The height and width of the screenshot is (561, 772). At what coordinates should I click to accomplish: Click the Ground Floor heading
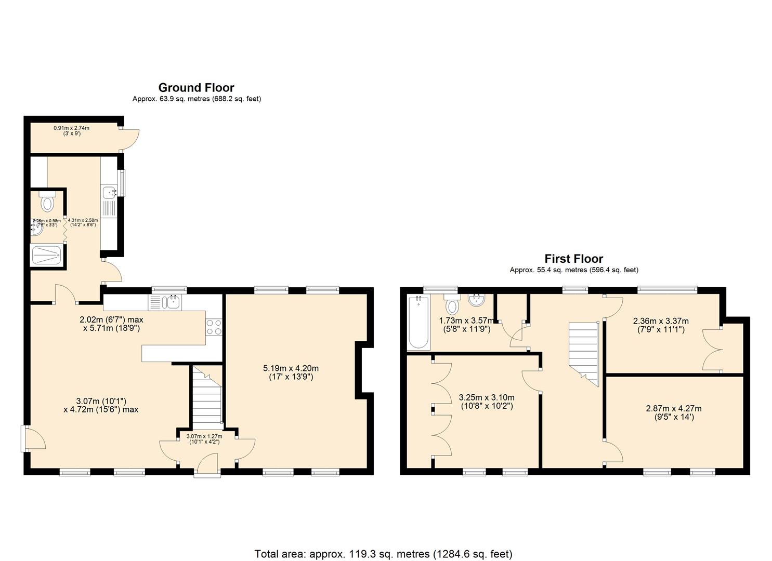pos(196,88)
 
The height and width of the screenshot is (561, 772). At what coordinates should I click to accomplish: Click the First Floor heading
pos(573,259)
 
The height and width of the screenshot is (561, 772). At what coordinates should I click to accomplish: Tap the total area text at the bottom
pos(383,554)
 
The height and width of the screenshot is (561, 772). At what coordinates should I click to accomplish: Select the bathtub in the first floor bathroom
pos(418,323)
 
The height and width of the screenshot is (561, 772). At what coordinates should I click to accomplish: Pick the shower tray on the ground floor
pos(47,256)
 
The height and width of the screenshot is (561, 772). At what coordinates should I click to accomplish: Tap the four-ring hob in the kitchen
pos(214,327)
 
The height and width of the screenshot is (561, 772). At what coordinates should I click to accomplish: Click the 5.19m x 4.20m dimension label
pos(291,372)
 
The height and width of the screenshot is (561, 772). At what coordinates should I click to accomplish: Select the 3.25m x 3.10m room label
pos(486,402)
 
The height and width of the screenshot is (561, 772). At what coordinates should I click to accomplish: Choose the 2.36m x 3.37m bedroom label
pos(660,325)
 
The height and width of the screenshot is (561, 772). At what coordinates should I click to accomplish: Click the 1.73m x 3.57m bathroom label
pos(466,325)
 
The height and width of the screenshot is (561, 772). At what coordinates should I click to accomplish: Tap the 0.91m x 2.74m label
pos(71,130)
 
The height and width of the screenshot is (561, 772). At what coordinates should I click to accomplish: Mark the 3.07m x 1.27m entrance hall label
pos(204,439)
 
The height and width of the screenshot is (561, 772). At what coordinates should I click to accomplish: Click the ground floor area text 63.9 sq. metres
pos(197,99)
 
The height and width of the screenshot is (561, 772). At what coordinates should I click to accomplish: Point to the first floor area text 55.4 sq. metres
pos(573,270)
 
